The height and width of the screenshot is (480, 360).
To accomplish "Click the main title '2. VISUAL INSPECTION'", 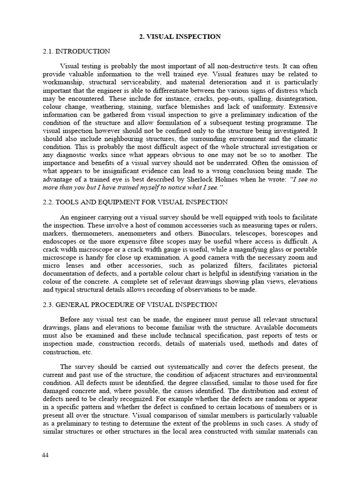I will coord(180,37).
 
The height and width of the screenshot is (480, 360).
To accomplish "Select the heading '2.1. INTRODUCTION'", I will coord(76,52).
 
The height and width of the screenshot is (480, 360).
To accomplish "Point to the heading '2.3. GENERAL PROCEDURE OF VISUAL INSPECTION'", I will coord(130,305).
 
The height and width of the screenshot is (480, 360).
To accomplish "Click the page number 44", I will coord(45,455).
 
